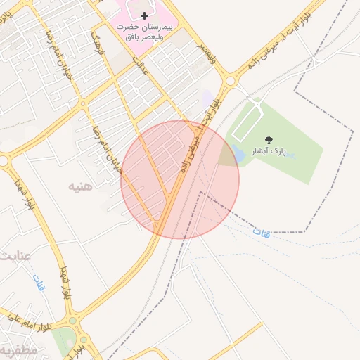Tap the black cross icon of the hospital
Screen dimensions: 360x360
pyautogui.click(x=145, y=15)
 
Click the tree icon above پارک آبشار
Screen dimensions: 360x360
pyautogui.click(x=270, y=139)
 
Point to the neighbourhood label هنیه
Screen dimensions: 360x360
pyautogui.click(x=80, y=186)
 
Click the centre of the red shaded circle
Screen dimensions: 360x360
pyautogui.click(x=180, y=180)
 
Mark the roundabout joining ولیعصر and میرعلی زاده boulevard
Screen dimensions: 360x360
pyautogui.click(x=229, y=81)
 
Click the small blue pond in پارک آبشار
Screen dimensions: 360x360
pyautogui.click(x=239, y=153)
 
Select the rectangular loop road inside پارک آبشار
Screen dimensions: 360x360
pyautogui.click(x=247, y=122)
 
